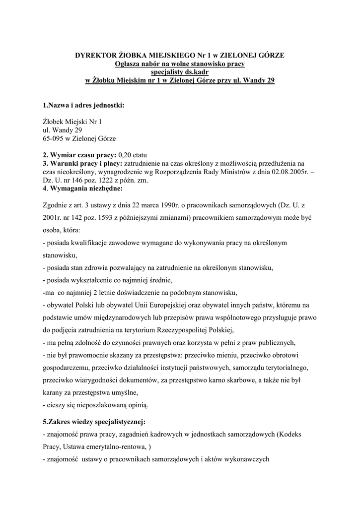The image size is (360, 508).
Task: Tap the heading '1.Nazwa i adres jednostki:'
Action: click(83, 105)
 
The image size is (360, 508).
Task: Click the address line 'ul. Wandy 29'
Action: click(62, 129)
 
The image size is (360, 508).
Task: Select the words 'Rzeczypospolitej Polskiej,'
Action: click(192, 329)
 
